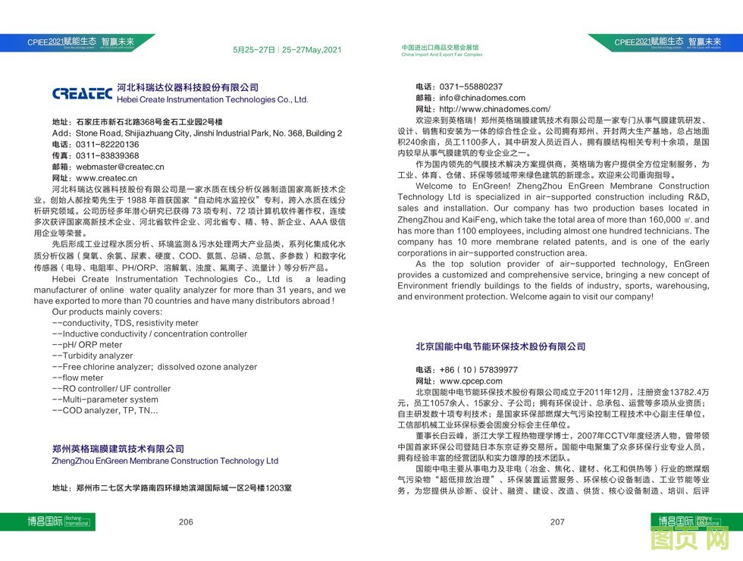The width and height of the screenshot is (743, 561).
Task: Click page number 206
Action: pyautogui.click(x=187, y=522)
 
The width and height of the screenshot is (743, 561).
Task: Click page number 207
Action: pyautogui.click(x=557, y=522)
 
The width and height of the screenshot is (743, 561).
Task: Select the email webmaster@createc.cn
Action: pyautogui.click(x=119, y=167)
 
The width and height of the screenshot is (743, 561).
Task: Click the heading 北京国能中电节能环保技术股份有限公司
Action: pyautogui.click(x=500, y=346)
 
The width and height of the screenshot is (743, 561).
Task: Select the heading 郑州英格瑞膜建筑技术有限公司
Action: pyautogui.click(x=118, y=449)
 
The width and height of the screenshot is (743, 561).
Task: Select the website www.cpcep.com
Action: pyautogui.click(x=471, y=381)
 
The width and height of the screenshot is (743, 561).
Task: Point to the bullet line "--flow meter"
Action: pyautogui.click(x=78, y=378)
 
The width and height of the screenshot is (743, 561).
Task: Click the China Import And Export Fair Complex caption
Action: pyautogui.click(x=442, y=55)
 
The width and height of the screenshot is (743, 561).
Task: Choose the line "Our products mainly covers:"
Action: pyautogui.click(x=107, y=312)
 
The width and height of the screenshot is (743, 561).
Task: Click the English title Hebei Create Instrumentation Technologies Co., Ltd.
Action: pyautogui.click(x=212, y=99)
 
